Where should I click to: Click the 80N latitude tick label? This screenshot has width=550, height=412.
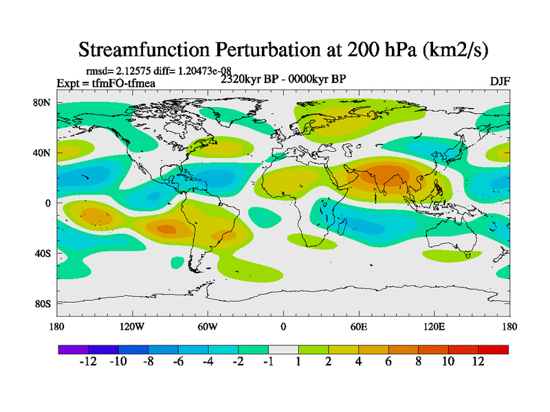(x=43, y=103)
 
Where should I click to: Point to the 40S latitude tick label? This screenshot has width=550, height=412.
(x=43, y=253)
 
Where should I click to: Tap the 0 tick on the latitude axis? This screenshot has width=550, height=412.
(x=48, y=203)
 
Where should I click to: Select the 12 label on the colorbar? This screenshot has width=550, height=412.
(x=478, y=362)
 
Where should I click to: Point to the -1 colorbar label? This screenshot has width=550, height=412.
(x=267, y=362)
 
